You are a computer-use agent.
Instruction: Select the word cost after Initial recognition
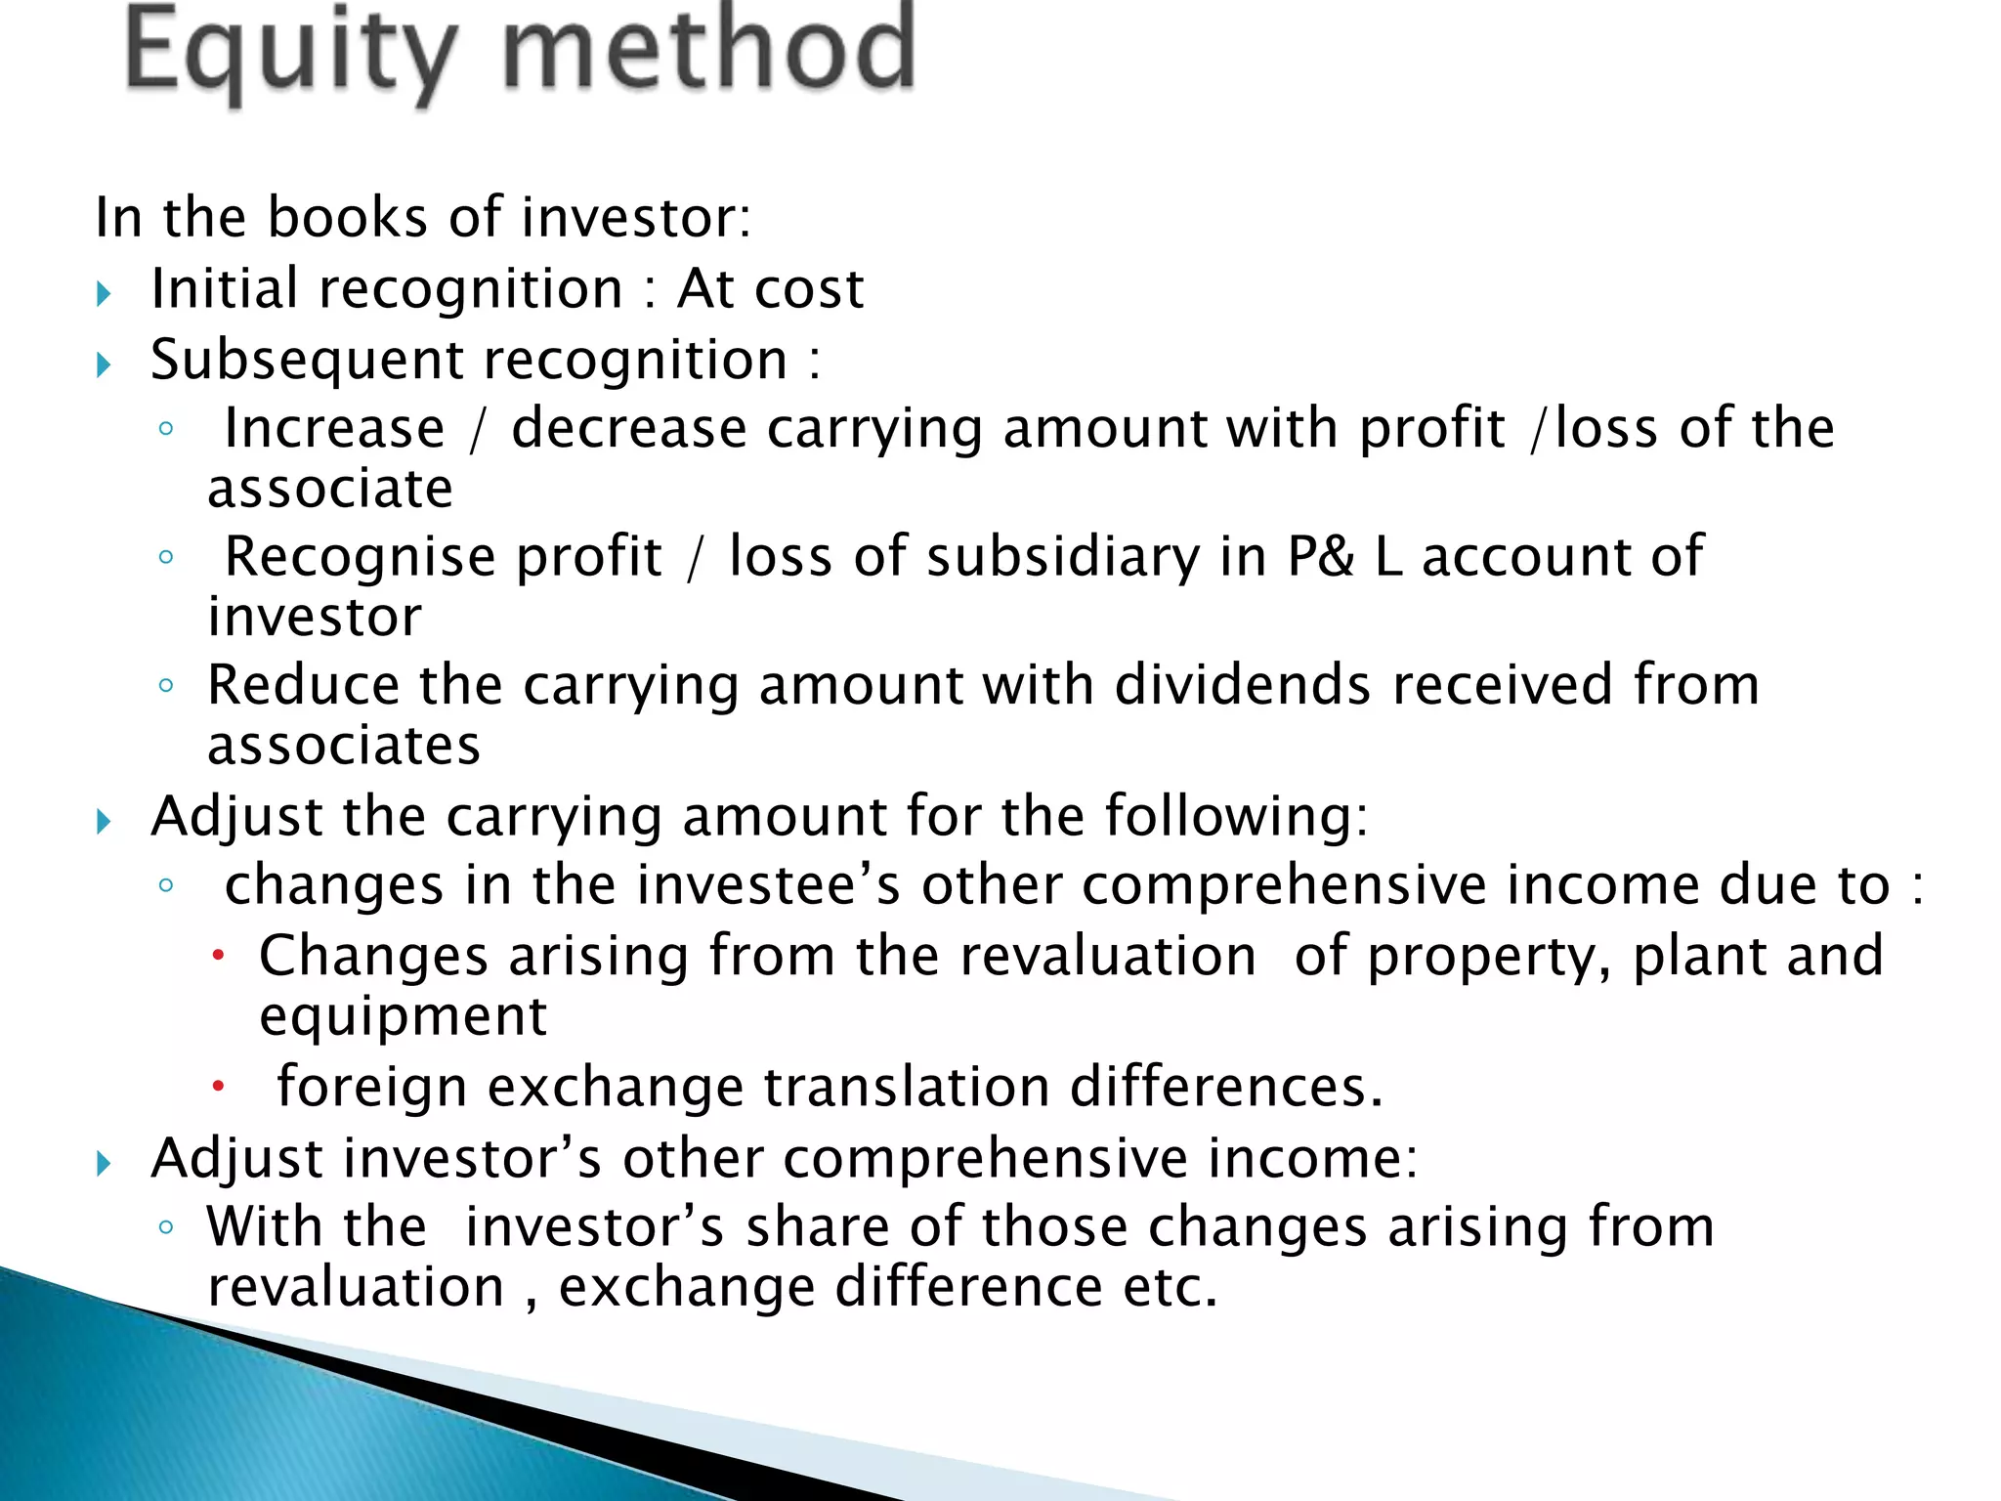tap(809, 289)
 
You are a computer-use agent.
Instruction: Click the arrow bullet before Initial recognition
tap(105, 293)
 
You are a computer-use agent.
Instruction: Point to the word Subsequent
tap(307, 361)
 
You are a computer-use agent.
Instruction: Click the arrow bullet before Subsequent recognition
tap(105, 365)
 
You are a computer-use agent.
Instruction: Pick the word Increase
tap(334, 429)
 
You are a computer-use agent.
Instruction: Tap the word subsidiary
tap(1063, 558)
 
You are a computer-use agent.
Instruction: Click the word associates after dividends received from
tap(344, 747)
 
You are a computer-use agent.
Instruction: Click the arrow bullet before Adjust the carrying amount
tap(105, 821)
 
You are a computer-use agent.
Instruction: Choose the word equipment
tap(403, 1017)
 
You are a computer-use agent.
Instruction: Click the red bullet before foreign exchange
tap(219, 1086)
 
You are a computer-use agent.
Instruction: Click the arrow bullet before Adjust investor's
tap(105, 1163)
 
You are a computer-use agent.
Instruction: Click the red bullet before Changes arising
tap(219, 955)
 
